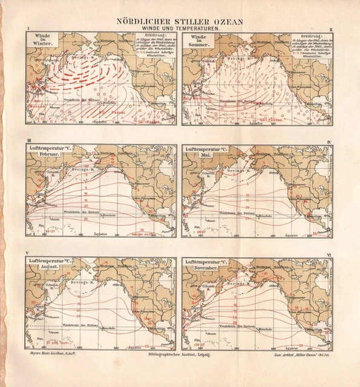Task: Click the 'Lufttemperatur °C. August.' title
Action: pyautogui.click(x=51, y=263)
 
